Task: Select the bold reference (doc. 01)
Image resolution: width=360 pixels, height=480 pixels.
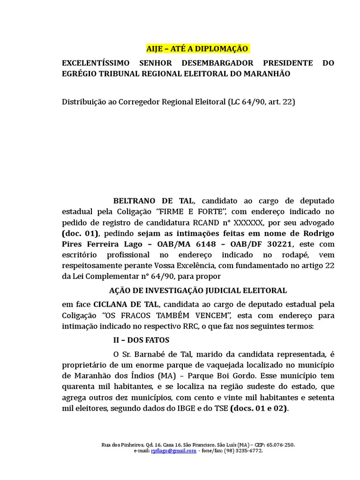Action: pos(80,233)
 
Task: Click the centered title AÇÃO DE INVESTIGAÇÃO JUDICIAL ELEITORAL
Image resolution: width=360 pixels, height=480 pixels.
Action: pos(198,291)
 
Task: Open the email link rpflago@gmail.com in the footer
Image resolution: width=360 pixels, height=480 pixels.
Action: pos(173,450)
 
